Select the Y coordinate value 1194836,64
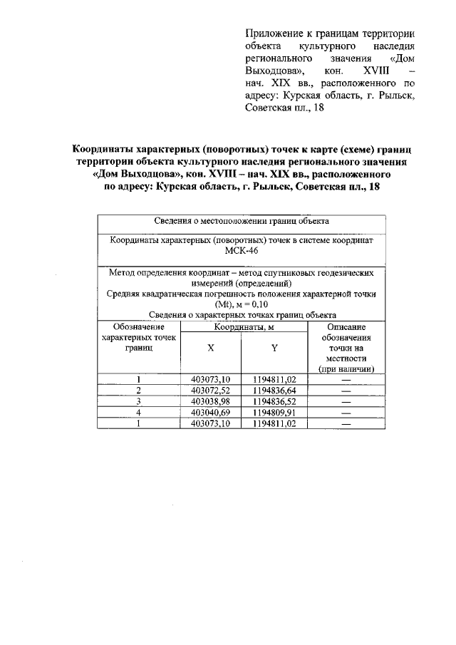click(x=274, y=391)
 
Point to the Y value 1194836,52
click(x=274, y=401)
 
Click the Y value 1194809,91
click(x=274, y=412)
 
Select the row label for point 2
click(x=139, y=391)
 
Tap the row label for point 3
click(x=139, y=401)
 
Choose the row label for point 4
click(x=139, y=412)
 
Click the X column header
click(x=210, y=349)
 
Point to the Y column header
click(x=274, y=349)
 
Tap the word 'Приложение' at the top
click(x=270, y=33)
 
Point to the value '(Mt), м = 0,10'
click(x=242, y=304)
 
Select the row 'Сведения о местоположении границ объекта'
click(x=242, y=221)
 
